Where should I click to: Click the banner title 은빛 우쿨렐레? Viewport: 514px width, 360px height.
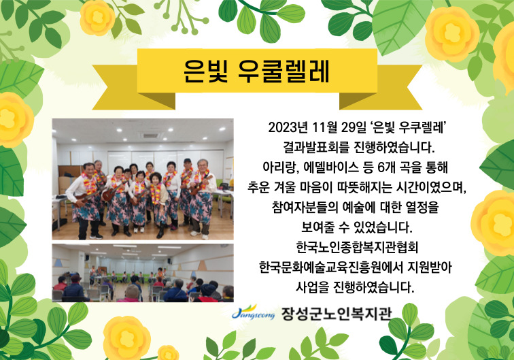click(x=256, y=71)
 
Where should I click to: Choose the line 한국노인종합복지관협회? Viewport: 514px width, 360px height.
click(x=357, y=247)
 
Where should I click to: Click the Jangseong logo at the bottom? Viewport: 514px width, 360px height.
click(x=253, y=312)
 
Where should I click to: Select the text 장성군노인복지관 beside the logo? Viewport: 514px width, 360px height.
click(x=337, y=314)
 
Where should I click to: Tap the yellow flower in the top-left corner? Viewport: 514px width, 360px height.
click(x=97, y=17)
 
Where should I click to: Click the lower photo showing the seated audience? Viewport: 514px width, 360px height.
click(x=143, y=273)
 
